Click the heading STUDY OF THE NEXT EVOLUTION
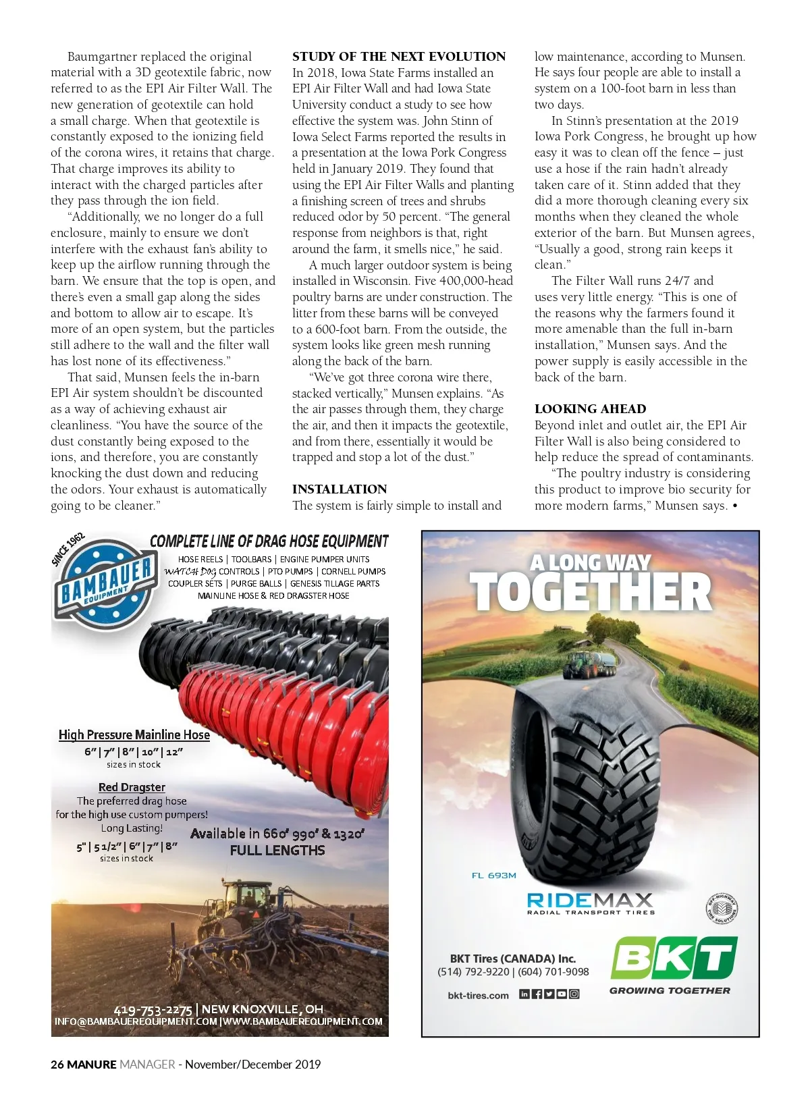398,57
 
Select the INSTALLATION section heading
340,489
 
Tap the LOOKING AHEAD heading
590,409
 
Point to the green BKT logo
673,957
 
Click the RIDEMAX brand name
590,901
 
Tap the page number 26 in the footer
57,1065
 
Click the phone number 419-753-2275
153,1010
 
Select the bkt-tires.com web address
478,995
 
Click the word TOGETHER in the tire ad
590,593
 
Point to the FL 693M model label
493,876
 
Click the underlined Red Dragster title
132,787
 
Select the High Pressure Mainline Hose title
134,735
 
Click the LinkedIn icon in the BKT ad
524,994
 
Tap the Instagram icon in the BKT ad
574,994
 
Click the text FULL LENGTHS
277,851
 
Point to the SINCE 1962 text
68,548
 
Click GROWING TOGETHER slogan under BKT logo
670,990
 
